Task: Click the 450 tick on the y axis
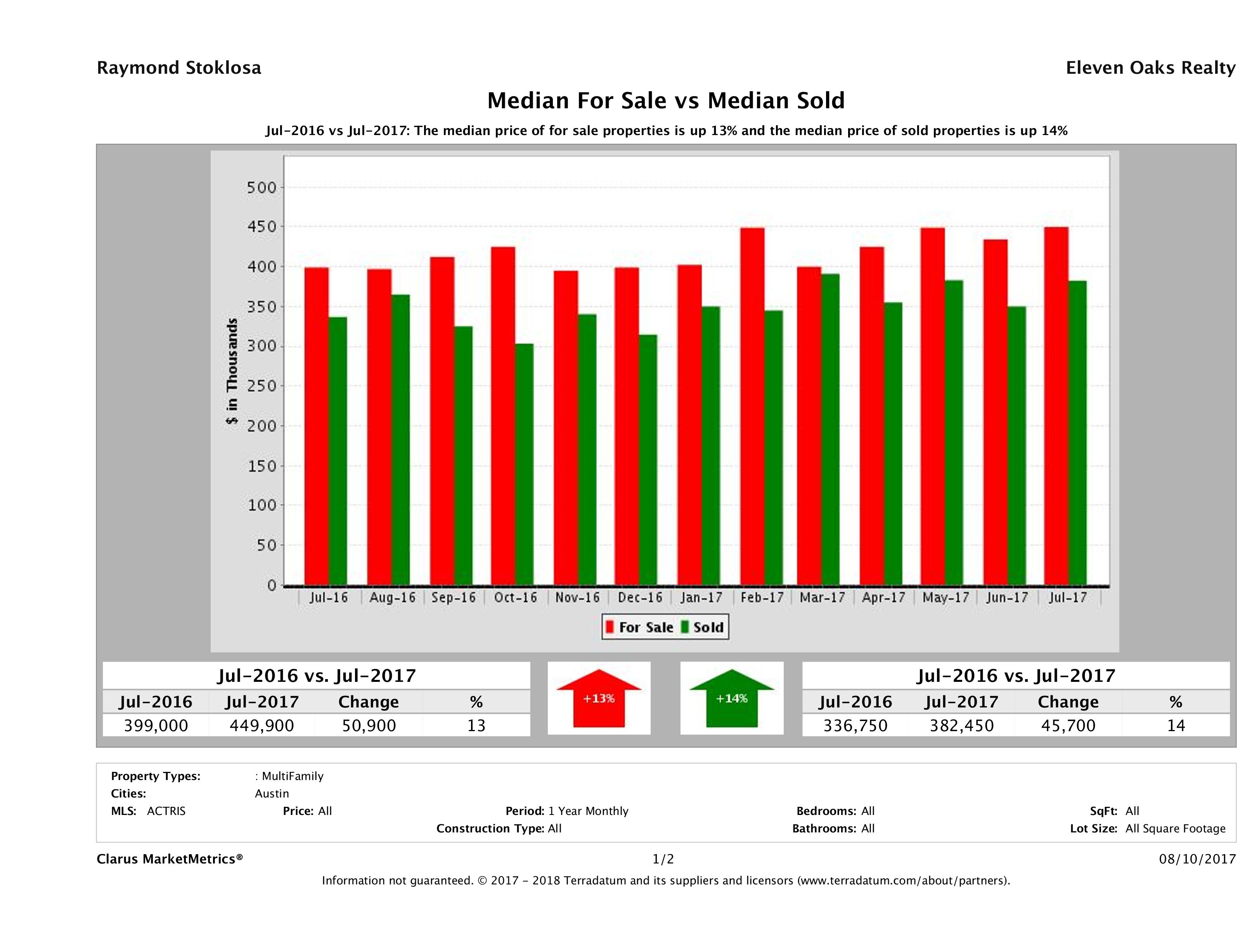(x=261, y=227)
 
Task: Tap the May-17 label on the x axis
(x=945, y=598)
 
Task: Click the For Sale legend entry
(x=640, y=627)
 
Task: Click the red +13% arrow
(x=599, y=699)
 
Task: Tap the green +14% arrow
(x=732, y=699)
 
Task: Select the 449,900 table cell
(x=261, y=725)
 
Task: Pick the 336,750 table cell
(x=855, y=725)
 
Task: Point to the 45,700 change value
(x=1068, y=725)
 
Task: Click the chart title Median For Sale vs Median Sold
(x=666, y=101)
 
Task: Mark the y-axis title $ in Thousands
(x=232, y=371)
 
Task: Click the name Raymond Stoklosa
(x=179, y=68)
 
